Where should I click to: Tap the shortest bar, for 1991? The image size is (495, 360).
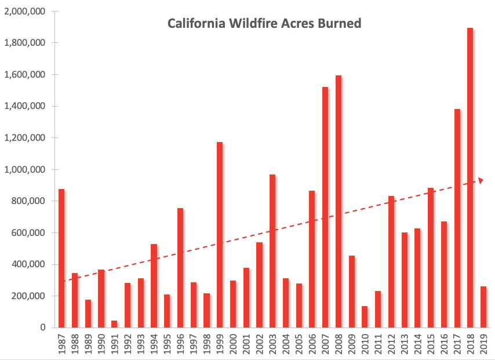114,324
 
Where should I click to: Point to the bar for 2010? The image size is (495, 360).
365,317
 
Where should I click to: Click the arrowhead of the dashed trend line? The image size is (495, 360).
480,181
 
